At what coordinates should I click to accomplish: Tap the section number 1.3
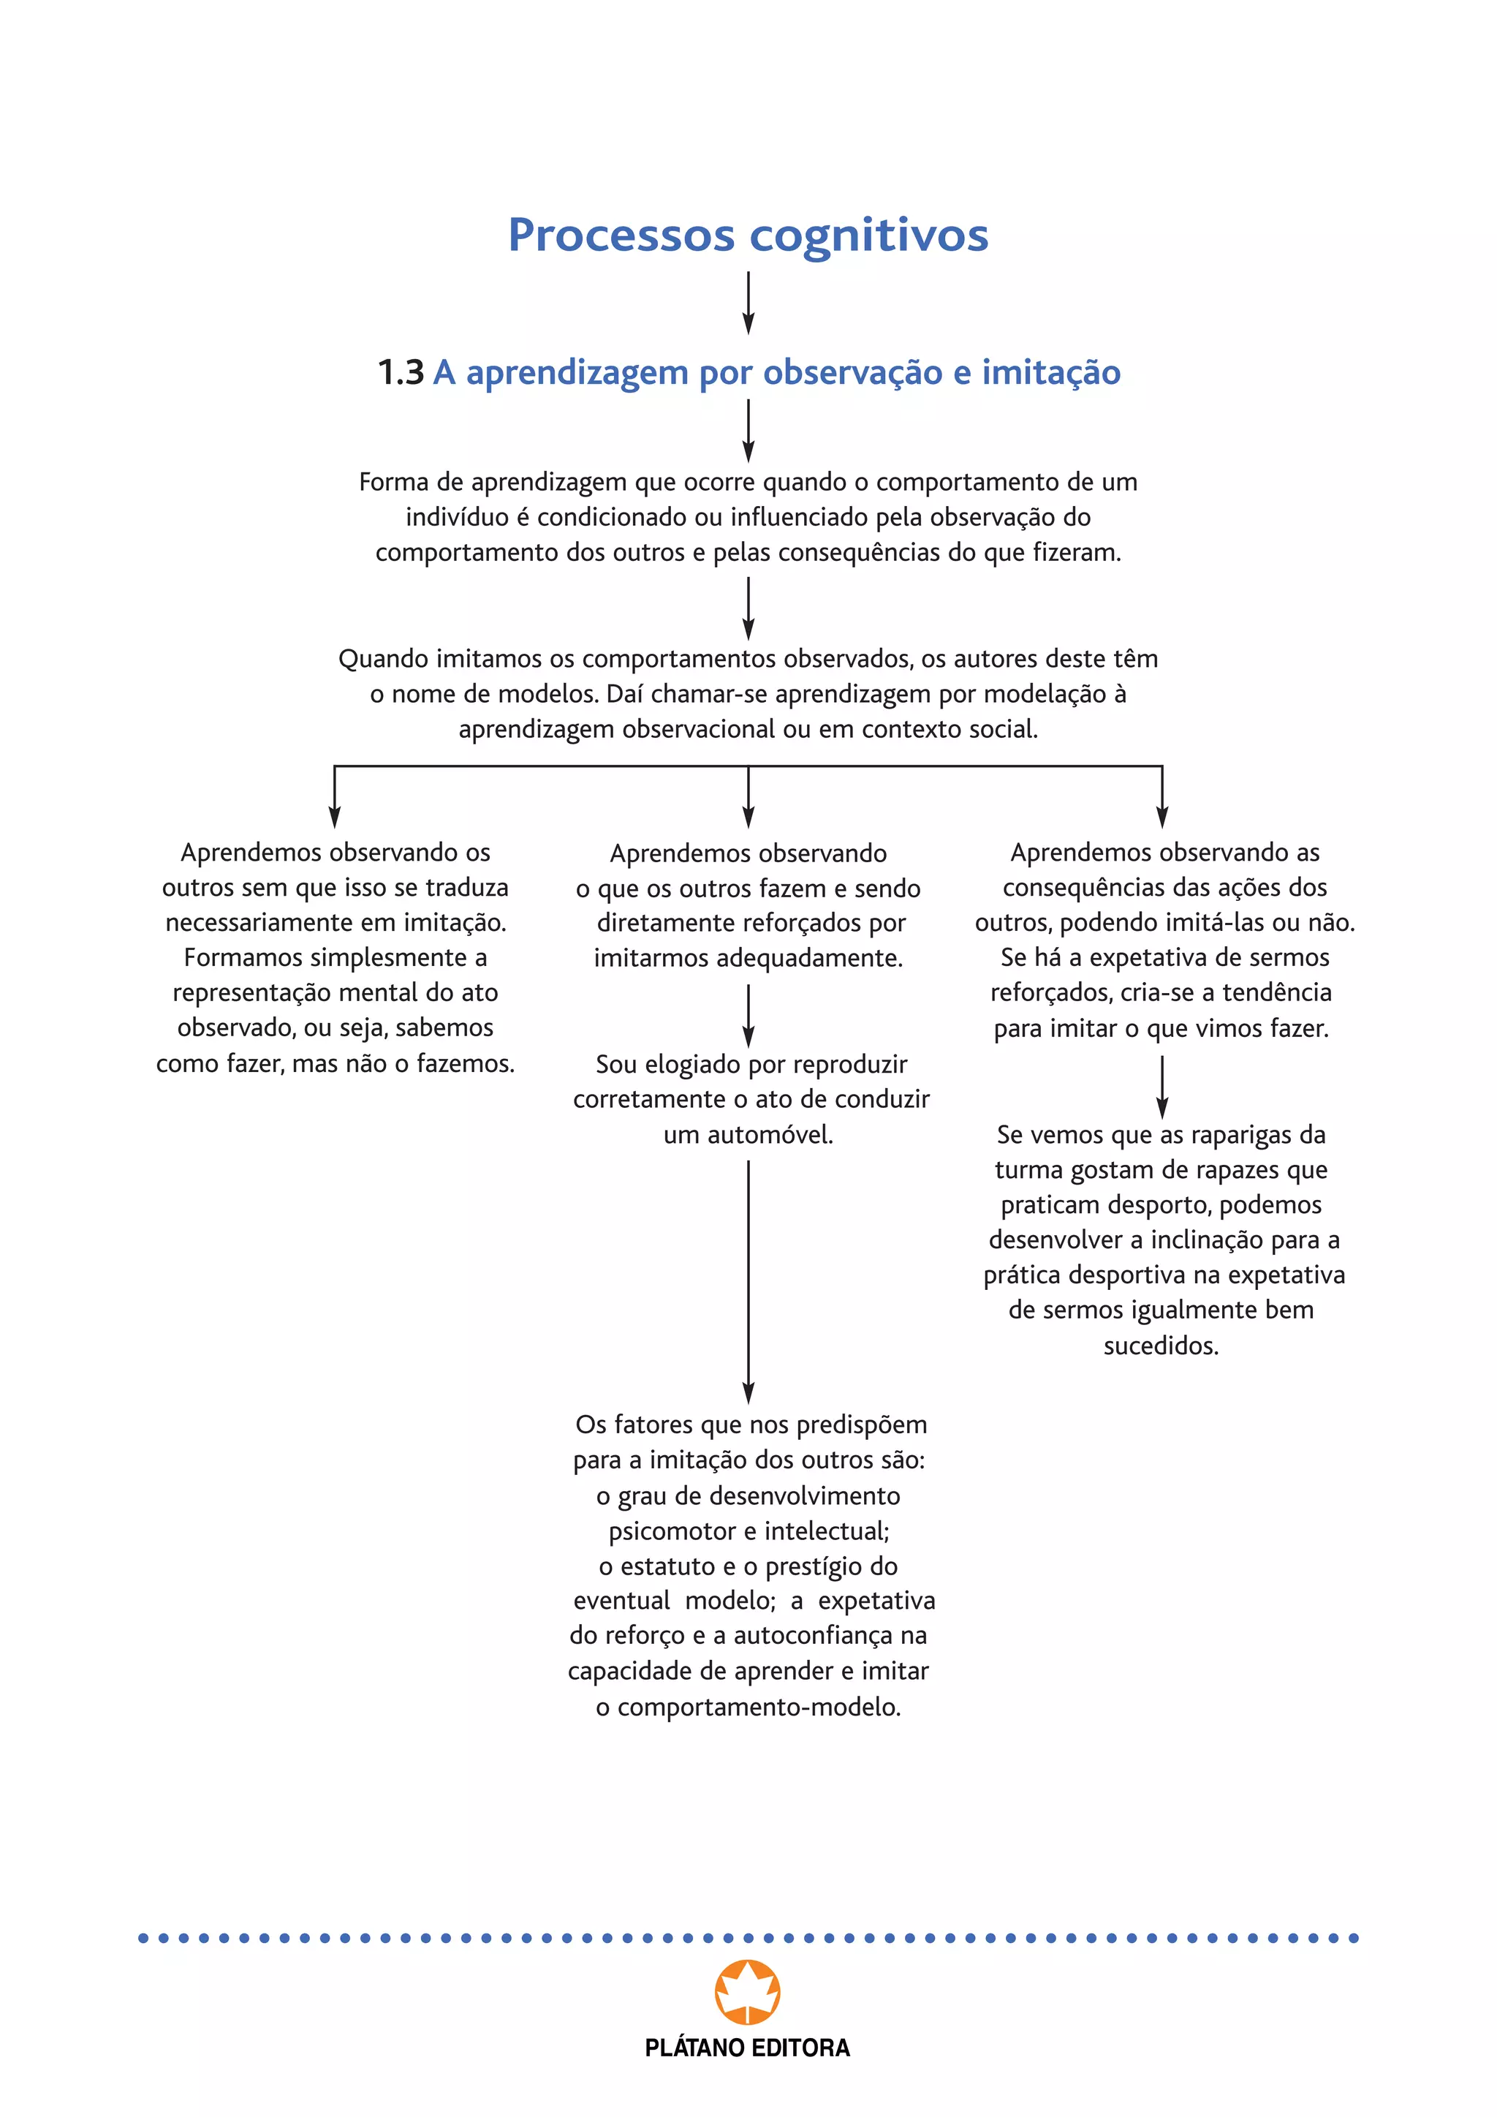[x=401, y=372]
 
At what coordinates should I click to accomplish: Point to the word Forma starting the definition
[x=392, y=482]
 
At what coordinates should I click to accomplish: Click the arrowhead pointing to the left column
[x=335, y=817]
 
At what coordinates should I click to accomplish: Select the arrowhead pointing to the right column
[x=1162, y=817]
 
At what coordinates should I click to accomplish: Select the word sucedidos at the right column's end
[x=1161, y=1346]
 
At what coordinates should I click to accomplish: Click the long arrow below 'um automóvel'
[x=748, y=1282]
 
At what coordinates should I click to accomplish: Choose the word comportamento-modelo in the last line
[x=759, y=1707]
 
